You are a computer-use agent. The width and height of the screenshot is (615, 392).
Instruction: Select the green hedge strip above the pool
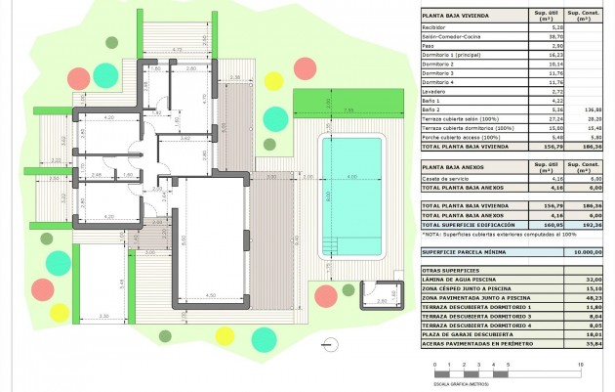pos(348,102)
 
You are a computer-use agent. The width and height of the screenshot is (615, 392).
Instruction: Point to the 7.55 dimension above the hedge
pos(348,109)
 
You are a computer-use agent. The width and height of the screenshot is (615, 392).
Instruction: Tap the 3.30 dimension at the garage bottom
pos(105,315)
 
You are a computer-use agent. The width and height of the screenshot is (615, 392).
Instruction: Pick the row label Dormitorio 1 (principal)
pos(450,55)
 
